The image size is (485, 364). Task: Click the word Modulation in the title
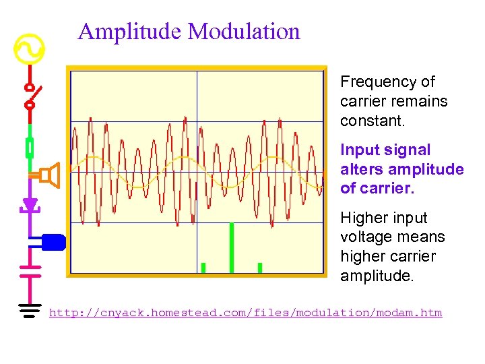(x=244, y=32)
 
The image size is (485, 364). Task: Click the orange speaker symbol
(x=48, y=175)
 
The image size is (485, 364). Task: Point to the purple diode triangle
(x=30, y=204)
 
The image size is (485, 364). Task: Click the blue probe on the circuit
(x=53, y=241)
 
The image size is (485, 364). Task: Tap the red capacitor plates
(x=30, y=270)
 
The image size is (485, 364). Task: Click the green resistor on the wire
(x=30, y=147)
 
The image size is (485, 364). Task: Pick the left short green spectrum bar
(x=203, y=268)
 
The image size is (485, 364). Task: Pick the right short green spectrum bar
(x=260, y=268)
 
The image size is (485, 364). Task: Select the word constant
(x=367, y=121)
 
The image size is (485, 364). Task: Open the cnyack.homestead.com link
(x=246, y=313)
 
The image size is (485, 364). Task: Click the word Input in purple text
(x=358, y=150)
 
